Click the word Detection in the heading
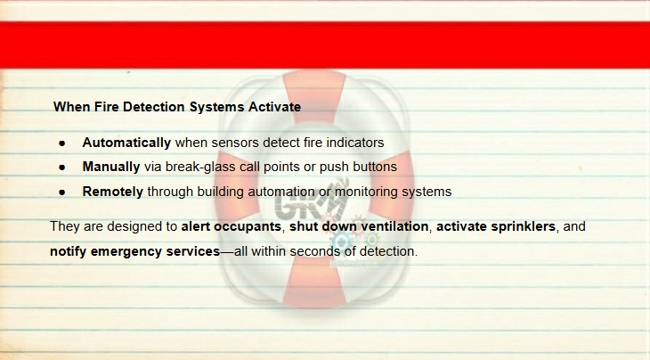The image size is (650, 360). [153, 107]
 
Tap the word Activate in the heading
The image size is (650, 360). [274, 107]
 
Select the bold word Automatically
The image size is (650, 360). [126, 143]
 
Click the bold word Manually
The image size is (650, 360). [111, 167]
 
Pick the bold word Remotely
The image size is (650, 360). [113, 192]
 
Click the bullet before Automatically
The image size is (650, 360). [62, 143]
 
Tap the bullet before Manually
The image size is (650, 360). [62, 168]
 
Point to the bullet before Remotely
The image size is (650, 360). [62, 192]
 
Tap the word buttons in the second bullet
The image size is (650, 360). [375, 167]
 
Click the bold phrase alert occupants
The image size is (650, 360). [232, 226]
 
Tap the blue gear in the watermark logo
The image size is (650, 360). [341, 241]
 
